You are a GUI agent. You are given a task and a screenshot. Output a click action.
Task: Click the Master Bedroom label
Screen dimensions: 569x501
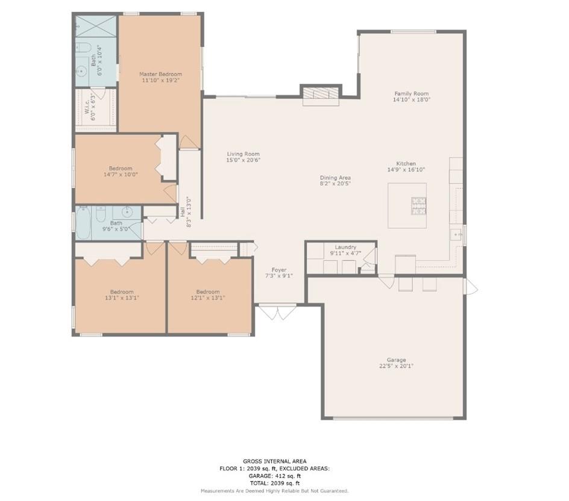[x=160, y=74]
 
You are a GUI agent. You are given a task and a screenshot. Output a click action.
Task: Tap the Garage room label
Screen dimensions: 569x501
[x=396, y=360]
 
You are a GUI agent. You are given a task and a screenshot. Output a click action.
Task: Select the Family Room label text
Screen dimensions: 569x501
[x=412, y=93]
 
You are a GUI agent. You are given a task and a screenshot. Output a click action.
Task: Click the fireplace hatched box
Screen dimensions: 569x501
[x=321, y=93]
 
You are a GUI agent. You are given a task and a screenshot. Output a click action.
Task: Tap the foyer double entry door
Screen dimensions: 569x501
[x=278, y=313]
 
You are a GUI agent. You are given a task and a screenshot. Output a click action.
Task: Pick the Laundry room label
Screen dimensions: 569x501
[x=345, y=247]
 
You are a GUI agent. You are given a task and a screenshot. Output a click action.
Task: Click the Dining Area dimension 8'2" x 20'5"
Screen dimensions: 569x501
[x=335, y=184]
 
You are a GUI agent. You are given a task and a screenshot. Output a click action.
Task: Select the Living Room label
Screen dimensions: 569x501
[x=243, y=154]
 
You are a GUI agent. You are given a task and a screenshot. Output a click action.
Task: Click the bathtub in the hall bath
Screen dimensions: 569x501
[x=83, y=223]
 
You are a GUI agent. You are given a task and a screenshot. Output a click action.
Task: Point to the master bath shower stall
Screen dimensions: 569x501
[x=96, y=26]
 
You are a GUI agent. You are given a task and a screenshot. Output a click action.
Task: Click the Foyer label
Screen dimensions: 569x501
[x=279, y=270]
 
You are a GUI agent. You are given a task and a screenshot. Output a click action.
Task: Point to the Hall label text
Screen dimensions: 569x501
[x=182, y=213]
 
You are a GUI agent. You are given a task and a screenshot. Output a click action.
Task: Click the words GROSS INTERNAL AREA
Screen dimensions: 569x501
[x=275, y=461]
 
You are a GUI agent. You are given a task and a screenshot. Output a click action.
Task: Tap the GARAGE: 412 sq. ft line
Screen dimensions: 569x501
[x=275, y=476]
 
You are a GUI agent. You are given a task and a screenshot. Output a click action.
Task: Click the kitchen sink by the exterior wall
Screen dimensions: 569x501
[x=456, y=235]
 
